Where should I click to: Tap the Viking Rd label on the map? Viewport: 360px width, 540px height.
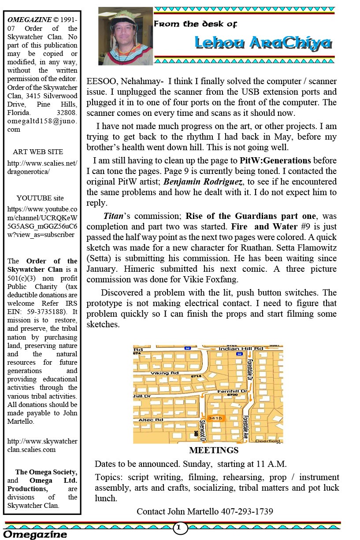click(x=159, y=373)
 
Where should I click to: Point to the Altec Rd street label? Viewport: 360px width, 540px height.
click(x=148, y=420)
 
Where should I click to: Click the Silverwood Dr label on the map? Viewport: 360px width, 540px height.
click(x=203, y=430)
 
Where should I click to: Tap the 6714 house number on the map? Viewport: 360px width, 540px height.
click(x=196, y=376)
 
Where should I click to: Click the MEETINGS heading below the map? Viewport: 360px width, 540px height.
click(x=214, y=450)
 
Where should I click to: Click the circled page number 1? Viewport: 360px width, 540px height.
click(x=179, y=527)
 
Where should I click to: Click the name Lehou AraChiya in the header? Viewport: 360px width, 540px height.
click(x=263, y=43)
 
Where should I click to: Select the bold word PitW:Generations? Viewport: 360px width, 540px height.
click(x=275, y=160)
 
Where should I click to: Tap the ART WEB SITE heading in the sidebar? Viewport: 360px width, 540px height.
click(x=38, y=152)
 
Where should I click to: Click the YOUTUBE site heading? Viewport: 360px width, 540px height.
click(x=40, y=198)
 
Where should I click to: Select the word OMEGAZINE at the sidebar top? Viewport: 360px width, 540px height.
click(x=29, y=20)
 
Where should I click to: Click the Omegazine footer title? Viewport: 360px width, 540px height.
click(x=36, y=534)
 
